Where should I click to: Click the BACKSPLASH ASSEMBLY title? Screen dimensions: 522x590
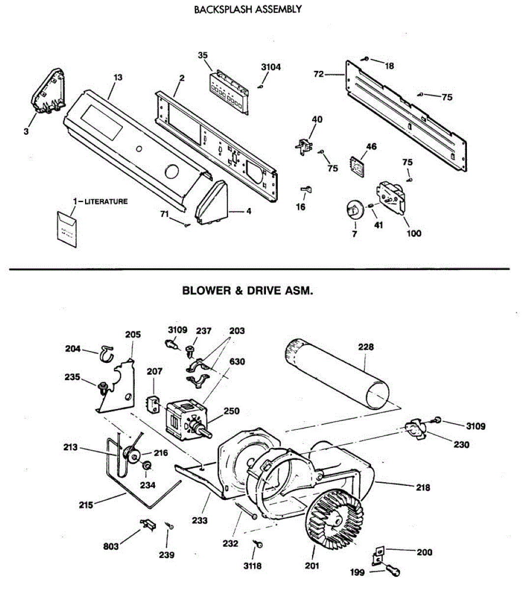(248, 9)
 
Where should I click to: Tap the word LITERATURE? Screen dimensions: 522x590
(106, 202)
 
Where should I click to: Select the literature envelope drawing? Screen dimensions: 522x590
(67, 230)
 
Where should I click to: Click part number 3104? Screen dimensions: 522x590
(271, 67)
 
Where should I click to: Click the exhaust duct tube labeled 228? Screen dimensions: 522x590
(336, 374)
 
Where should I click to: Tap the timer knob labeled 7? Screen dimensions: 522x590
(354, 210)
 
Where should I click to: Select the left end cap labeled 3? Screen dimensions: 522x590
(48, 91)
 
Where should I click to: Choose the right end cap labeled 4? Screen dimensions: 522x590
(212, 203)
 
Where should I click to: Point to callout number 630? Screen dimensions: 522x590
(237, 361)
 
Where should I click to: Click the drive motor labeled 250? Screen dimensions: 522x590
(188, 420)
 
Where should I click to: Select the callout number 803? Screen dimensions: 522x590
(111, 547)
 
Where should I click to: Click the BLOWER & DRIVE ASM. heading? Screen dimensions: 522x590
(247, 291)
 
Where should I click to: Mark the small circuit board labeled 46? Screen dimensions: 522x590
(356, 166)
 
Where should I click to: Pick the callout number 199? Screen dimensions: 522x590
(357, 572)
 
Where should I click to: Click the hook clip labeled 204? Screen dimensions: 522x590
(107, 354)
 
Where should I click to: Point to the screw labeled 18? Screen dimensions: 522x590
(365, 59)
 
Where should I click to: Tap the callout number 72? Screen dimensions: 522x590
(319, 74)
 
